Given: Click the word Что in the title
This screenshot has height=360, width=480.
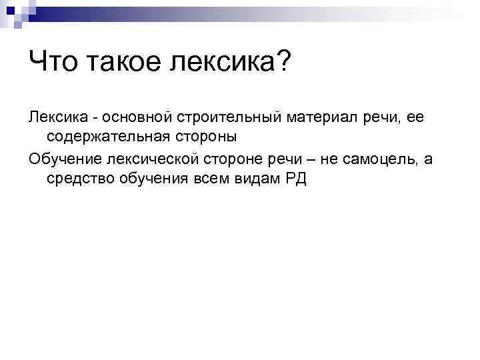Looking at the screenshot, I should pos(52,65).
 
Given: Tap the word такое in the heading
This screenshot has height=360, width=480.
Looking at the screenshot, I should pos(121,65).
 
